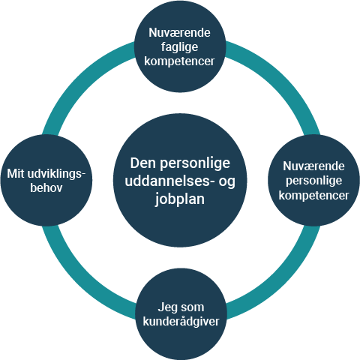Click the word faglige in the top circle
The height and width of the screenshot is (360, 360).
click(179, 47)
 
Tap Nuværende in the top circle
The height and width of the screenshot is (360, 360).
click(179, 33)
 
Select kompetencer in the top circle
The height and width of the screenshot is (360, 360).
click(179, 61)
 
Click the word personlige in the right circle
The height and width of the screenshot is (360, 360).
click(314, 181)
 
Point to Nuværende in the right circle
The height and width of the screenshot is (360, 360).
click(314, 166)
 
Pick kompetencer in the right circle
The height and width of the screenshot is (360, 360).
click(314, 196)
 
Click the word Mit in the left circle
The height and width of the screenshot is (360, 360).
click(16, 173)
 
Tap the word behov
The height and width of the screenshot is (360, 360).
click(46, 188)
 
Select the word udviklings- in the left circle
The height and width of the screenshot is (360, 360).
click(56, 174)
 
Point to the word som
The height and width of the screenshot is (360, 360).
click(193, 307)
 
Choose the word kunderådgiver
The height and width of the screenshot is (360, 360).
click(181, 322)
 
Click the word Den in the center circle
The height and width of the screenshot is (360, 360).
click(143, 163)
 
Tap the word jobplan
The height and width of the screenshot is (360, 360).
click(179, 199)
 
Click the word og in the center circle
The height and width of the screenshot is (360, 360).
click(227, 182)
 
